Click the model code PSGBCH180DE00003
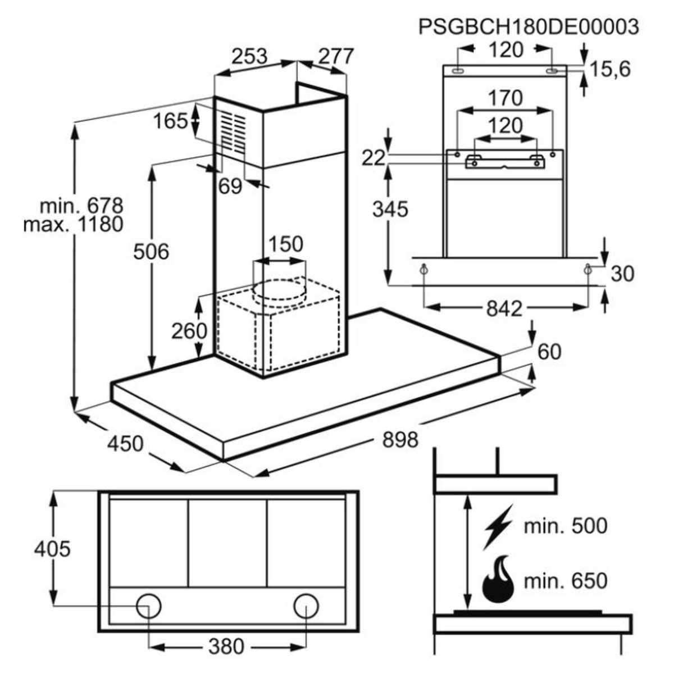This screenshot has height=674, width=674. pyautogui.click(x=529, y=27)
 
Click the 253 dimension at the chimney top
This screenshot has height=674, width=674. pyautogui.click(x=249, y=56)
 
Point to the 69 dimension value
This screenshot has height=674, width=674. pyautogui.click(x=230, y=186)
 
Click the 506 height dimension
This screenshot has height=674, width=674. pyautogui.click(x=151, y=252)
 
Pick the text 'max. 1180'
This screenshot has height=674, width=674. pyautogui.click(x=73, y=225)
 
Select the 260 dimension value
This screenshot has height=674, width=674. pyautogui.click(x=189, y=331)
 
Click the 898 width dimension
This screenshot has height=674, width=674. pyautogui.click(x=400, y=439)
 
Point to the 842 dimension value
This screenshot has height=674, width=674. pyautogui.click(x=504, y=308)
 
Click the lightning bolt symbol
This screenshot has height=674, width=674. pyautogui.click(x=498, y=526)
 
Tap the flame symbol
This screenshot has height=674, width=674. pyautogui.click(x=498, y=580)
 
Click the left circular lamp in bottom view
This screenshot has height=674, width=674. pyautogui.click(x=149, y=605)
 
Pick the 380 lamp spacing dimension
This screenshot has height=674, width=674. pyautogui.click(x=226, y=646)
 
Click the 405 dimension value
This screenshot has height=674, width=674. pyautogui.click(x=52, y=548)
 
